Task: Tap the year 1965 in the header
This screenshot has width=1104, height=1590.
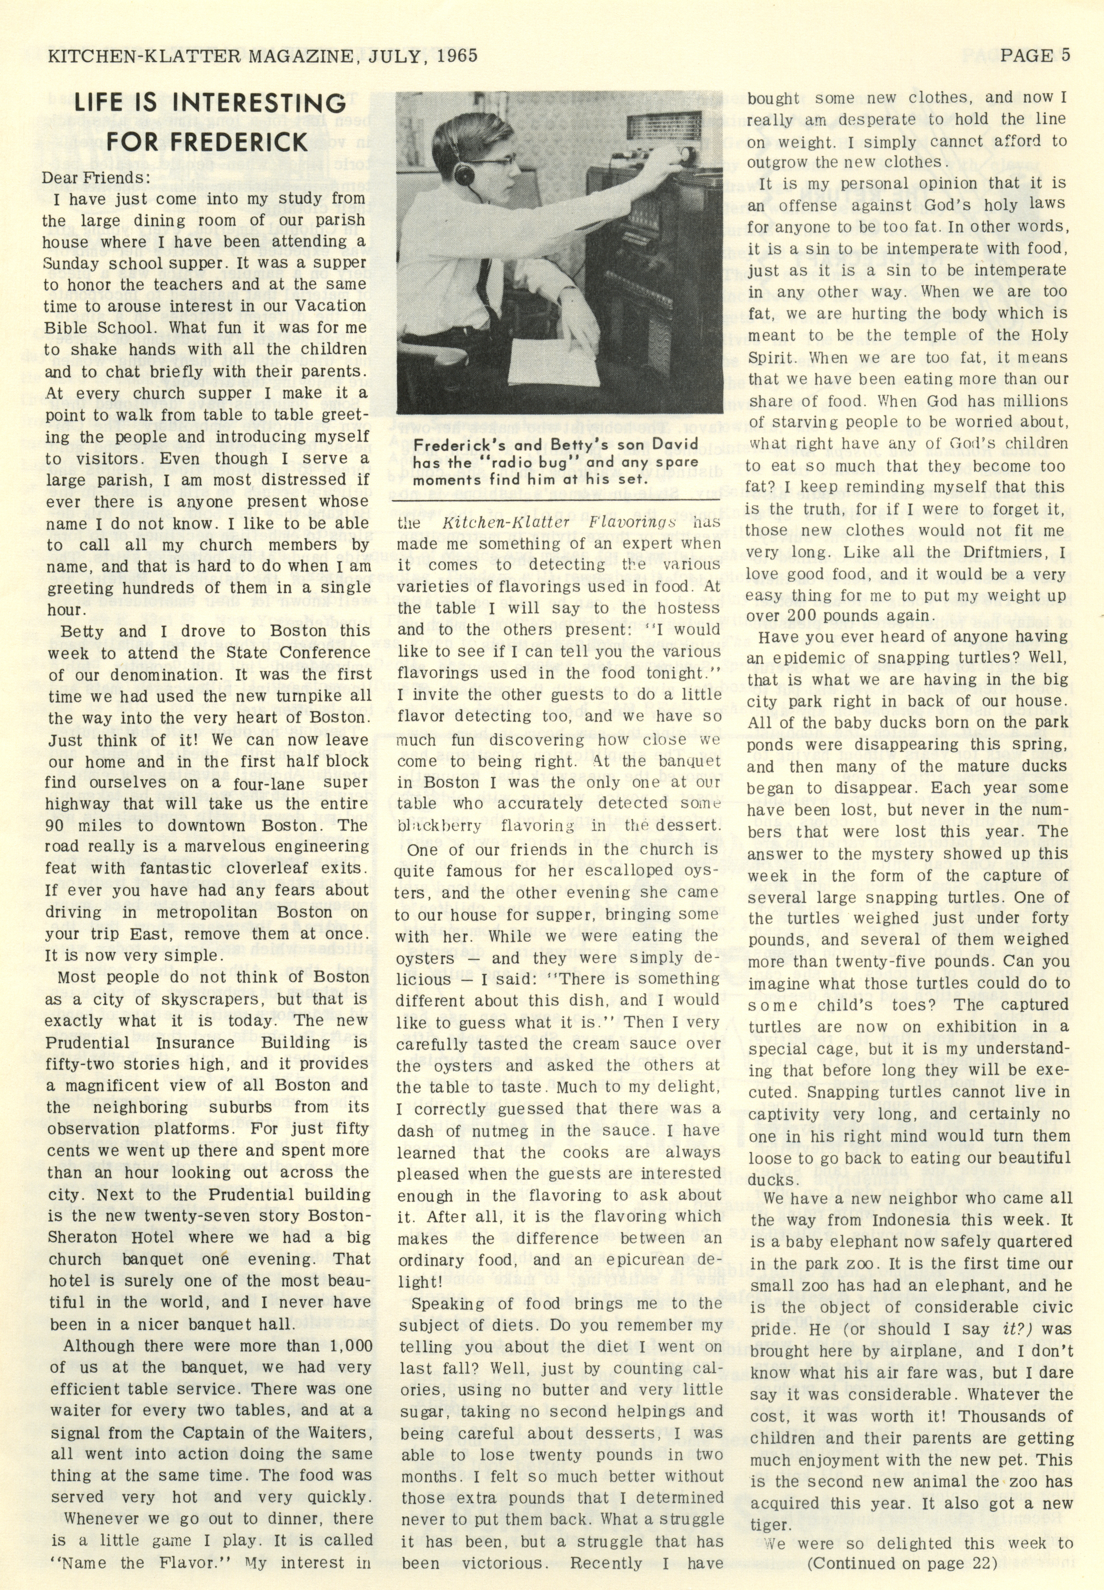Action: coord(453,55)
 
